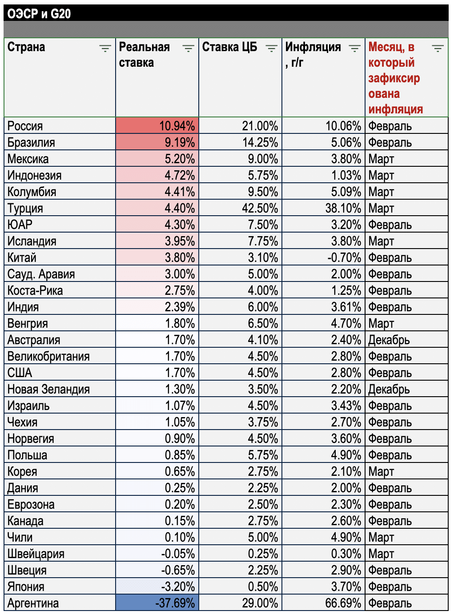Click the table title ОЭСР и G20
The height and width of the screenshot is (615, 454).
click(x=39, y=14)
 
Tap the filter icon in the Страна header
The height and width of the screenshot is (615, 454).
click(x=105, y=48)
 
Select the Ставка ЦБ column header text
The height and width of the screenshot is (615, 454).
click(x=229, y=47)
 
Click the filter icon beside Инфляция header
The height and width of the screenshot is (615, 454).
click(x=354, y=48)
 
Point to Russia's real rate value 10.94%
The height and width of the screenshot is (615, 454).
click(x=177, y=126)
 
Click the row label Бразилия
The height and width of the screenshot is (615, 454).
click(x=31, y=142)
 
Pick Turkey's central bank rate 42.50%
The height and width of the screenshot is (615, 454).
click(x=260, y=208)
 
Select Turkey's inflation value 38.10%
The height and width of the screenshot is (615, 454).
click(x=343, y=208)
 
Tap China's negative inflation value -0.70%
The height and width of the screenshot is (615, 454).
click(x=344, y=257)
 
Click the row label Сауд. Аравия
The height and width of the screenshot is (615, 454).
click(x=41, y=274)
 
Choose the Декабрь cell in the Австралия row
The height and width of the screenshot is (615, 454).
click(x=389, y=340)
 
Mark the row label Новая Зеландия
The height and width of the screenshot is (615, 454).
click(x=48, y=389)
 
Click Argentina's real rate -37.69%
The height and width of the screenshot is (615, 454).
click(x=175, y=603)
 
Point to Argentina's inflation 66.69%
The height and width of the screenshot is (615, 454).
click(x=343, y=603)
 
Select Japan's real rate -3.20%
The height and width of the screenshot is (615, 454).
click(x=178, y=587)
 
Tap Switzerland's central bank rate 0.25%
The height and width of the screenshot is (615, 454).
click(x=263, y=554)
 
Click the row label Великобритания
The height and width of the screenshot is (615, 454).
click(x=48, y=357)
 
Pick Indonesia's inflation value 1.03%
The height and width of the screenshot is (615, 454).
click(x=346, y=175)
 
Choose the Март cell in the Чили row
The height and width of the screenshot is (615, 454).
click(x=381, y=538)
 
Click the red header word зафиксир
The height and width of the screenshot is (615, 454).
click(x=394, y=78)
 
